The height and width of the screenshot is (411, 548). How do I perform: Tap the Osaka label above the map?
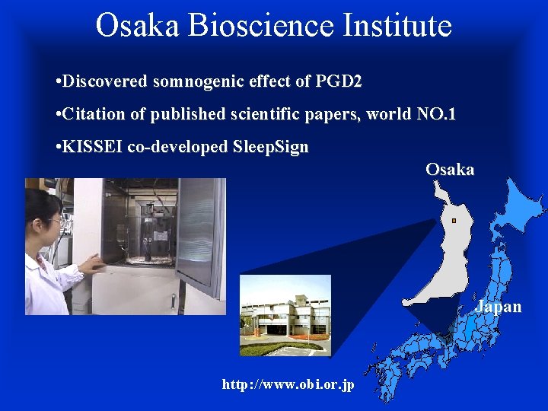point(450,170)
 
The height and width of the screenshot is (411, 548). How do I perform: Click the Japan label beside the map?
point(499,307)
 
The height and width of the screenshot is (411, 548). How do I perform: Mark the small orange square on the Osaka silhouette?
point(453,221)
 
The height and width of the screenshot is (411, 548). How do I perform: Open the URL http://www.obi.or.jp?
point(288,384)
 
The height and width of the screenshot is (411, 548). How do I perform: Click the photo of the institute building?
point(285,315)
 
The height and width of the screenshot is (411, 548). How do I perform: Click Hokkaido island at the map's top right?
point(518,205)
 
